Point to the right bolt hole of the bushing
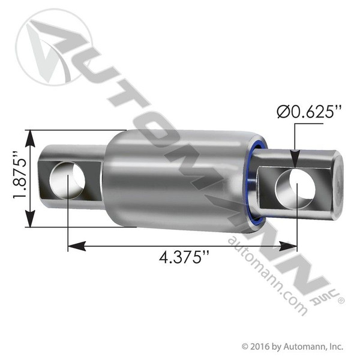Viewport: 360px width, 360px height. (295, 187)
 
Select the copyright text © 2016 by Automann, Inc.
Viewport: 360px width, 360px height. (292, 346)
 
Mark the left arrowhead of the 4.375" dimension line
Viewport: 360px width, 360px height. (72, 245)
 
